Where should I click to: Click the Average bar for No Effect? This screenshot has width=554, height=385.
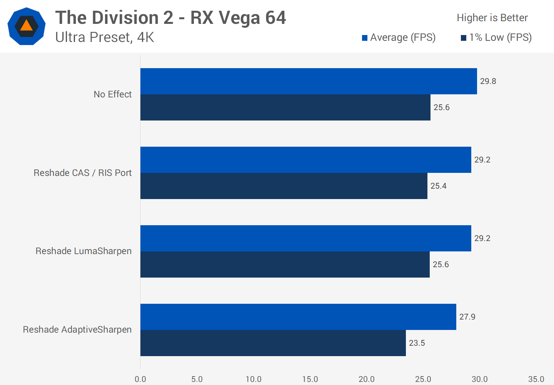point(309,81)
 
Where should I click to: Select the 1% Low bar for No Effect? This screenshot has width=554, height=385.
point(285,107)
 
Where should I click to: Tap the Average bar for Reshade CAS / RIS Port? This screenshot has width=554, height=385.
point(306,160)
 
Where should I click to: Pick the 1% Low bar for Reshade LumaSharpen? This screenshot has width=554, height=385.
point(285,264)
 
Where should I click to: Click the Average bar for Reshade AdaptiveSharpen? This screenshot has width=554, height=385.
point(298,317)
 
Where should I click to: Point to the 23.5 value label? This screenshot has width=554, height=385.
point(417,343)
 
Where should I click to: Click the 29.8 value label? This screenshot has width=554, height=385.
point(488,81)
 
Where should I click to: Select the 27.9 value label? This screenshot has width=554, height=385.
point(467,317)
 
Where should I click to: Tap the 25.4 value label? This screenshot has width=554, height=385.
point(438,186)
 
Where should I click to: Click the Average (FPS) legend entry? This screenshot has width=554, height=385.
point(399,37)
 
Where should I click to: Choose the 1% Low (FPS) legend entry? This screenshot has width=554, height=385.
point(496,37)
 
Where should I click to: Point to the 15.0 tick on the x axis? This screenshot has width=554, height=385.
point(310,379)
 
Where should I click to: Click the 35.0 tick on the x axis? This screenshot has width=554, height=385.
point(536,379)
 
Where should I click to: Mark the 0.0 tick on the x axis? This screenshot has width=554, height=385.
point(140,379)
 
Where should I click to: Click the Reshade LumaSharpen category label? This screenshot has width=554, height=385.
point(83,251)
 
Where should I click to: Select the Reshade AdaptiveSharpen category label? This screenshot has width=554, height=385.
point(77,330)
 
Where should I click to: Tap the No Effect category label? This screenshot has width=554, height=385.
point(113,94)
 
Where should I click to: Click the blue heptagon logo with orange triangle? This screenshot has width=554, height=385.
point(27,26)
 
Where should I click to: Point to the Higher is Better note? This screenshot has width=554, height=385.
point(492,18)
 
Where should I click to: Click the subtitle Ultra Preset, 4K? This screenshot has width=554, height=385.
point(105,37)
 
